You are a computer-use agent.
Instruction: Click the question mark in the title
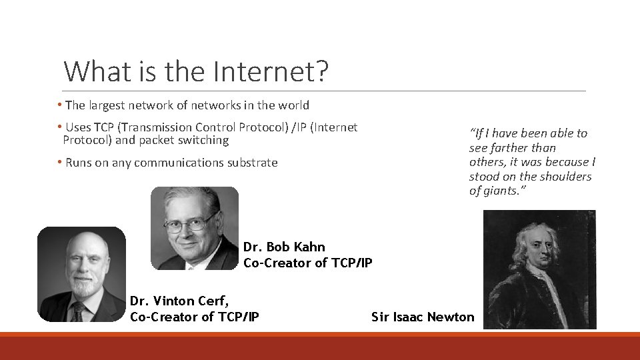coord(322,71)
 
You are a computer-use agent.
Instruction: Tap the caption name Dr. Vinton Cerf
coord(179,302)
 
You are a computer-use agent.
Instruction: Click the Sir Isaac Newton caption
coord(423,317)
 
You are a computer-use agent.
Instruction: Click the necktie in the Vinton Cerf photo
coord(79,311)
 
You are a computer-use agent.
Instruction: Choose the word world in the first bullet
coord(294,105)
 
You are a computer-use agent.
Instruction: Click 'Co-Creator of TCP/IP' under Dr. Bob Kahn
coord(307,263)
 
